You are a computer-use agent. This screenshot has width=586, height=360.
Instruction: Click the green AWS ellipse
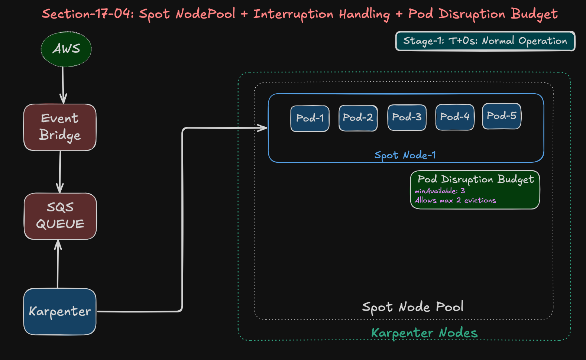tap(66, 49)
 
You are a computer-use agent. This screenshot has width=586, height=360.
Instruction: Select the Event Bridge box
tap(60, 127)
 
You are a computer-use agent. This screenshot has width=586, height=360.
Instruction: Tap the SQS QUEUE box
tap(60, 216)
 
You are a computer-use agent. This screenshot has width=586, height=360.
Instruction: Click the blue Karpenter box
tap(60, 311)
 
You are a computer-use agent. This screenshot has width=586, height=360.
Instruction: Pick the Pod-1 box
tap(310, 119)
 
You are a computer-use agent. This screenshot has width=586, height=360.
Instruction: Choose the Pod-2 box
tap(358, 118)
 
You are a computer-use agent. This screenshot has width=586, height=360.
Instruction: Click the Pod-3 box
tap(407, 117)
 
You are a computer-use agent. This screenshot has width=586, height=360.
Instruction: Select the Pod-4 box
tap(455, 117)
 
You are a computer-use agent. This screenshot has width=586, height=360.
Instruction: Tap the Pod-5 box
tap(502, 116)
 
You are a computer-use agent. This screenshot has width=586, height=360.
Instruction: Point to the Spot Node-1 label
tap(405, 155)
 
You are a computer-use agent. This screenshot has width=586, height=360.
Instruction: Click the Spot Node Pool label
tap(412, 307)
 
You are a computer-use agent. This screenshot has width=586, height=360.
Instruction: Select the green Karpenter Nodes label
tap(424, 333)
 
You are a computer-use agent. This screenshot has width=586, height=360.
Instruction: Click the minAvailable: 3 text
tap(440, 191)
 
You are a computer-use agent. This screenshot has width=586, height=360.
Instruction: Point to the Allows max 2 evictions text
tap(455, 200)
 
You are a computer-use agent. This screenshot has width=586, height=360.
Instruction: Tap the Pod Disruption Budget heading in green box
tap(476, 179)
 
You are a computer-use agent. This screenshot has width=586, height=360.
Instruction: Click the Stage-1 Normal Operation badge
tap(485, 41)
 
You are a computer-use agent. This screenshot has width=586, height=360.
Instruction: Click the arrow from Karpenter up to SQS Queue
tap(58, 264)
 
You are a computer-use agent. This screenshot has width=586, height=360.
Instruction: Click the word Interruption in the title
tap(293, 14)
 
